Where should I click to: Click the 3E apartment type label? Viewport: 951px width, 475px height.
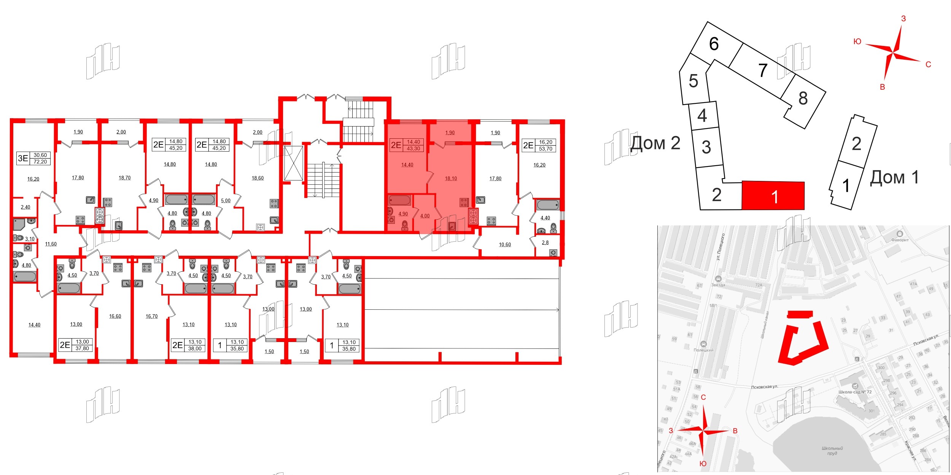23,158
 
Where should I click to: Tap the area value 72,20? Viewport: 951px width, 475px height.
40,162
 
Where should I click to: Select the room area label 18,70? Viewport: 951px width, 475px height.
124,178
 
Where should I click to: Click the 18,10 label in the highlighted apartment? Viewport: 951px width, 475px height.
451,179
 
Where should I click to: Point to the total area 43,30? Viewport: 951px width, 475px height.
413,149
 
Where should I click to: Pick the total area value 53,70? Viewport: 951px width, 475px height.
545,149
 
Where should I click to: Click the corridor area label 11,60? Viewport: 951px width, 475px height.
51,244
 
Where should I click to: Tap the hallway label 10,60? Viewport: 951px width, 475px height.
505,245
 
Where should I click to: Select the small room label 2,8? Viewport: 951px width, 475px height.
545,242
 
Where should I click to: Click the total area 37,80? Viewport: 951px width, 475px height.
82,348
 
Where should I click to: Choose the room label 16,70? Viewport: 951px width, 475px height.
151,316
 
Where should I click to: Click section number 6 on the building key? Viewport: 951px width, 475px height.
714,44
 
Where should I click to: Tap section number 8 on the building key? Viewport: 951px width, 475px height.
803,98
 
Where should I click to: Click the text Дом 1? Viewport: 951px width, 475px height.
894,177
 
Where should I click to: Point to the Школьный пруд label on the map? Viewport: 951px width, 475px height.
832,451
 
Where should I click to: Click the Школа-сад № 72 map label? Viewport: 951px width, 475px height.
855,392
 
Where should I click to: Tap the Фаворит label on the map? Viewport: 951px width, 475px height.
900,240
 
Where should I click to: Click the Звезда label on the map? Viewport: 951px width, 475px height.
718,285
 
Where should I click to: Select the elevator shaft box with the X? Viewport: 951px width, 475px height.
294,163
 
